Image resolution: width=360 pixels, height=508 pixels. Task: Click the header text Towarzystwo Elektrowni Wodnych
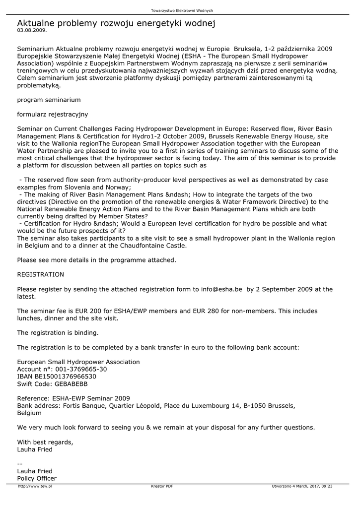pos(182,10)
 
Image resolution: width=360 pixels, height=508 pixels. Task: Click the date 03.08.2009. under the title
pos(32,30)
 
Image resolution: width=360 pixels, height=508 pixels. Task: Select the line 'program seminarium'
pos(49,100)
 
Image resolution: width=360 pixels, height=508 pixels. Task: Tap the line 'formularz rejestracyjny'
pos(52,114)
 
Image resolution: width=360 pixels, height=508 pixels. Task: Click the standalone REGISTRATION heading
pos(41,274)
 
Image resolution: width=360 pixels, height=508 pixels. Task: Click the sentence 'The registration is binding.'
pos(58,332)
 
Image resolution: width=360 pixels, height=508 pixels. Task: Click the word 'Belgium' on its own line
pos(30,413)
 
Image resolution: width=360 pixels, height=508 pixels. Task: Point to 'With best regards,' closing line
pos(45,442)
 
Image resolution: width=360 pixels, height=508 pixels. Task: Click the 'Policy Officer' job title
pos(37,478)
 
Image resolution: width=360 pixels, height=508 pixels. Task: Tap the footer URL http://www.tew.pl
pos(35,486)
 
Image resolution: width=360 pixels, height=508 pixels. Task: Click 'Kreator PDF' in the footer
pos(162,486)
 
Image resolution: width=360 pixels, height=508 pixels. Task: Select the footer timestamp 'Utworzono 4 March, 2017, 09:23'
pos(302,486)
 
